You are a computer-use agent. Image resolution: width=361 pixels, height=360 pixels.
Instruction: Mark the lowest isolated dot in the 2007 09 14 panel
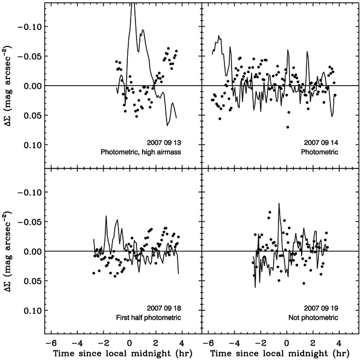pyautogui.click(x=287, y=127)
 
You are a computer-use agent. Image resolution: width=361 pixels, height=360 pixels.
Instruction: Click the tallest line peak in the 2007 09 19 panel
pyautogui.click(x=279, y=204)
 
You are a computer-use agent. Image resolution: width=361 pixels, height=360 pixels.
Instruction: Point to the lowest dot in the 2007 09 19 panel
pyautogui.click(x=304, y=283)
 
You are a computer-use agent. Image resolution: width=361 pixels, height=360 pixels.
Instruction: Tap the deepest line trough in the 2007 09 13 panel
pyautogui.click(x=168, y=125)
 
